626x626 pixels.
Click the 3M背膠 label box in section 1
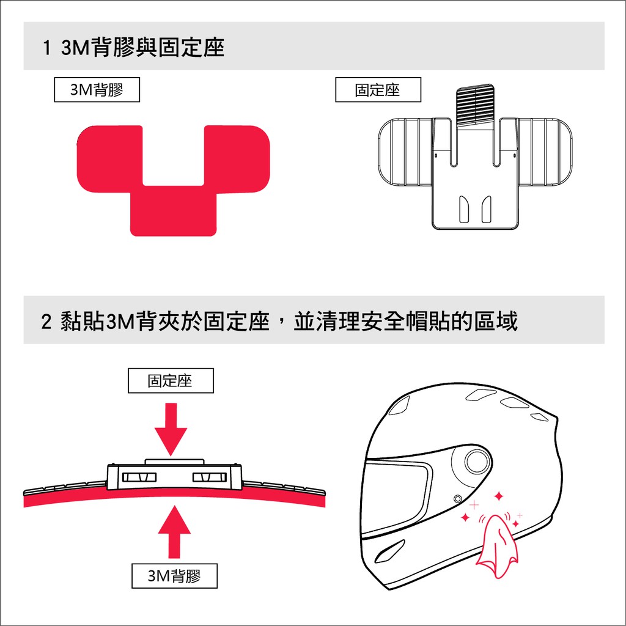point(97,90)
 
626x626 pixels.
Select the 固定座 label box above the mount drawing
point(378,90)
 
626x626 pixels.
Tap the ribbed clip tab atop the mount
point(475,105)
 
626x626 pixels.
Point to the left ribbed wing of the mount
point(405,152)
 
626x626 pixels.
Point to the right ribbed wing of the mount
point(545,152)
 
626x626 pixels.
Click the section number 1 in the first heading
point(46,48)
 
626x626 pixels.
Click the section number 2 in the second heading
point(46,322)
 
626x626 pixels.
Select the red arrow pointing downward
point(171,429)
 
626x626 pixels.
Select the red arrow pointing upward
point(174,531)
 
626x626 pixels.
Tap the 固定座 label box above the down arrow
point(171,380)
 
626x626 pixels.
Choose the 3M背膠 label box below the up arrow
point(174,576)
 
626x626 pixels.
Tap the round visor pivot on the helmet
point(477,461)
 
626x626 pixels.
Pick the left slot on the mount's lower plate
point(465,209)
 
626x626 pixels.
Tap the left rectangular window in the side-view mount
point(139,477)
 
